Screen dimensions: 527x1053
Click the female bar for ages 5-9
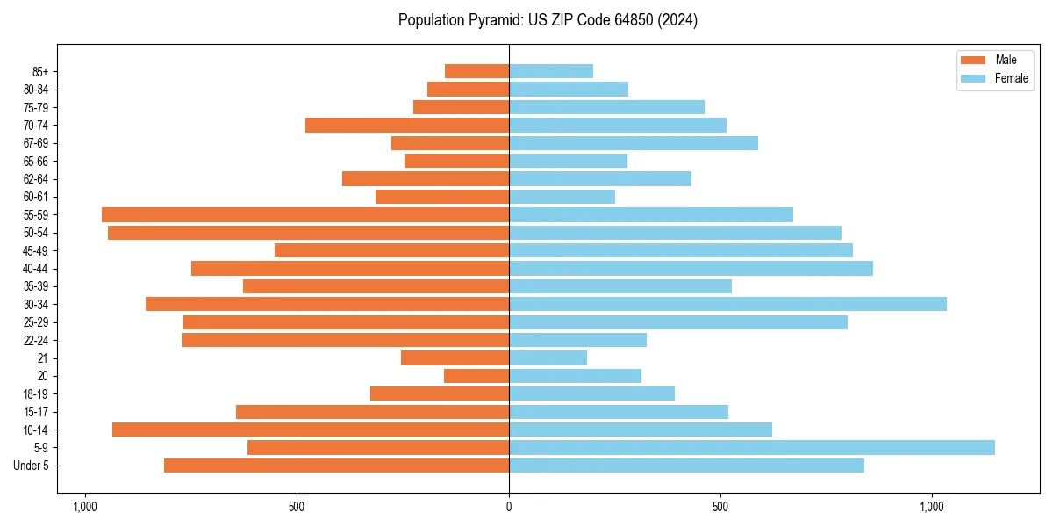coord(751,447)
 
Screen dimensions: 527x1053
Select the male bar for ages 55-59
coord(305,214)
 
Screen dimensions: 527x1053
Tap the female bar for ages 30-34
coord(727,304)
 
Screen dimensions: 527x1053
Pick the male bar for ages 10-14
coord(311,430)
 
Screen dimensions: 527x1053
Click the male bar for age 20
coord(476,376)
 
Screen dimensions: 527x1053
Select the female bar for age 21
coord(548,357)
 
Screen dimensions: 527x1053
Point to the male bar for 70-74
coord(407,125)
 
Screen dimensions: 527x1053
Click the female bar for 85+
coord(551,71)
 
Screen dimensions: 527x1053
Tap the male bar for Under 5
coord(336,466)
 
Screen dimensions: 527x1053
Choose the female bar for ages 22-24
coord(577,340)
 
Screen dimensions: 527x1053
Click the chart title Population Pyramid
coord(548,20)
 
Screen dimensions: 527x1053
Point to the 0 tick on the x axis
coord(509,507)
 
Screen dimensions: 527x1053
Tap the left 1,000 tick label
coord(85,507)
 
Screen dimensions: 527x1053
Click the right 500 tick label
coord(720,507)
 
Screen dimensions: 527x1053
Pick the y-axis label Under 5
coord(32,466)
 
